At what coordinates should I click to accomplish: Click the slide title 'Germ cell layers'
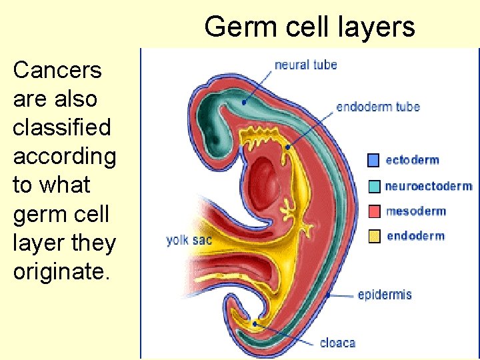coord(309,27)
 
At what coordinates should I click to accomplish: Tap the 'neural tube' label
coord(306,65)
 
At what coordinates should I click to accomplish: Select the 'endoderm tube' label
coord(377,107)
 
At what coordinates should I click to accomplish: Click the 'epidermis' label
coord(385,295)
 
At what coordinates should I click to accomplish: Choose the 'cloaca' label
coord(337,343)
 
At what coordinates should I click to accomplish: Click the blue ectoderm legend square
coord(374,160)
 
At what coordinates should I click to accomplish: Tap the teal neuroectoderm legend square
coord(374,186)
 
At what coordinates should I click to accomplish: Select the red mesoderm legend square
coord(374,211)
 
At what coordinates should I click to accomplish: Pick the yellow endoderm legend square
coord(374,236)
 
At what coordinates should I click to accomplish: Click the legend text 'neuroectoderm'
coord(428,186)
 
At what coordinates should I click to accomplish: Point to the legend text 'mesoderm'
coord(416,211)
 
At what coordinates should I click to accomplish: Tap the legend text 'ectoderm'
coord(412,160)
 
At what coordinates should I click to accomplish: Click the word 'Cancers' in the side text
coord(57,70)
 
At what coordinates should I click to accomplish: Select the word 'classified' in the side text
coord(61,127)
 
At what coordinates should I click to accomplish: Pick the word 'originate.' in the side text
coord(59,271)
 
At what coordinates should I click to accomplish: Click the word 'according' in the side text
coord(65,156)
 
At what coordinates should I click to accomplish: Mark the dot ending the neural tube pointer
coord(245,103)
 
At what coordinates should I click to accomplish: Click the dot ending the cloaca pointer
coord(255,324)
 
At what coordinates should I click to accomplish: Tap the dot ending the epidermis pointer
coord(329,293)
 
